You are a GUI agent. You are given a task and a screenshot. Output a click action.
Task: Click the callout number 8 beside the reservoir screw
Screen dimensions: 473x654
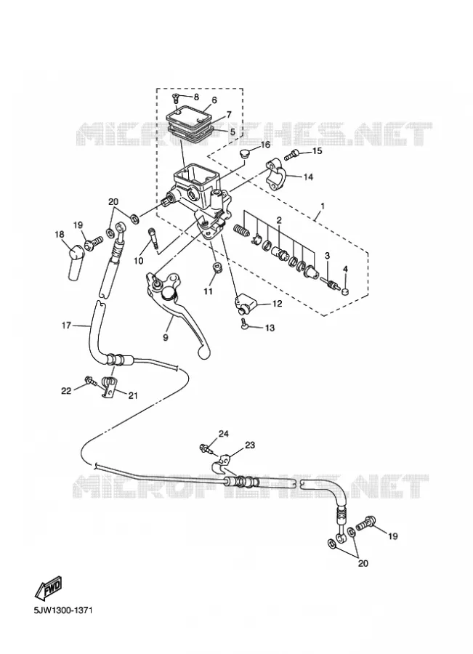[196, 97]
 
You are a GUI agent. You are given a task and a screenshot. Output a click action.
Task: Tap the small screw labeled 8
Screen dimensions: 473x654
[176, 99]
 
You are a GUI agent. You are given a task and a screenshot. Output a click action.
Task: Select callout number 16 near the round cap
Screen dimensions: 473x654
[265, 145]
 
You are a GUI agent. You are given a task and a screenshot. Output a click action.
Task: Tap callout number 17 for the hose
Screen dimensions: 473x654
[66, 325]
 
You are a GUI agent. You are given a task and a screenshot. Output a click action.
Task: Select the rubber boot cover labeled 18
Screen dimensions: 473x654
[75, 263]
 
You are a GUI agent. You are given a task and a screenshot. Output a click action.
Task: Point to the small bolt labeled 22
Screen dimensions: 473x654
[89, 380]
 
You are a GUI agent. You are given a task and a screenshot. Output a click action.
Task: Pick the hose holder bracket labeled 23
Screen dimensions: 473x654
[221, 464]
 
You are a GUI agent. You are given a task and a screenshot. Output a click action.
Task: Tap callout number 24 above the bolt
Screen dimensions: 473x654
[224, 435]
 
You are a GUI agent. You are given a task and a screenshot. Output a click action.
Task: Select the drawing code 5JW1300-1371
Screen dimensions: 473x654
[63, 610]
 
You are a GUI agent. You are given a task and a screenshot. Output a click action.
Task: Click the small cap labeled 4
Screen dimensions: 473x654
[344, 290]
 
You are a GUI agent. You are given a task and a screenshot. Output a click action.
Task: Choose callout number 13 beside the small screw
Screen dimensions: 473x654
[270, 328]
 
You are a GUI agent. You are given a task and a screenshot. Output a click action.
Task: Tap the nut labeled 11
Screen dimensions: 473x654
[216, 267]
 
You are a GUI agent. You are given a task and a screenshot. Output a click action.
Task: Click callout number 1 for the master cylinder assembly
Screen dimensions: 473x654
[323, 206]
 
